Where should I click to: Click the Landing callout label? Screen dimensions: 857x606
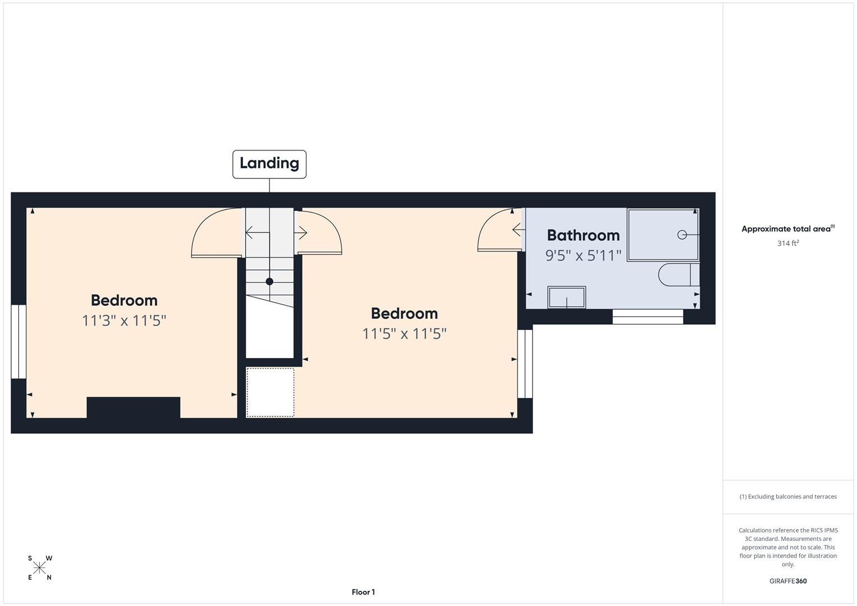269,164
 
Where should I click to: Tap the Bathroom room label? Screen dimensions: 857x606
583,235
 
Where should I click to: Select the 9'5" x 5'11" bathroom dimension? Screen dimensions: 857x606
583,255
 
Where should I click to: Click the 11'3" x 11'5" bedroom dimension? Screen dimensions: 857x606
124,320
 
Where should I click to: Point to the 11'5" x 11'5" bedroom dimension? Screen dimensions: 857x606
405,334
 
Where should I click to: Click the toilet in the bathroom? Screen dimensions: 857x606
679,275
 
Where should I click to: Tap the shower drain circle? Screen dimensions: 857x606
682,235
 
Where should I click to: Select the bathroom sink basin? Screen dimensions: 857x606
567,297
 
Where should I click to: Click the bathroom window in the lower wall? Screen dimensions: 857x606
648,317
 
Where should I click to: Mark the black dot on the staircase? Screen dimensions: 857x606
269,282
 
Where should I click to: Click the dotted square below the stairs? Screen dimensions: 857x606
270,392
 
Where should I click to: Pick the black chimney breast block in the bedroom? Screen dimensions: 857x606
134,407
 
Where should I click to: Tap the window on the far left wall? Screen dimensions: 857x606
19,342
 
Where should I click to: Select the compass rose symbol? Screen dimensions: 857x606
39,568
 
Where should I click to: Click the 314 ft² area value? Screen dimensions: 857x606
788,244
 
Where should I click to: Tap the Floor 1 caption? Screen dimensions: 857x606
363,592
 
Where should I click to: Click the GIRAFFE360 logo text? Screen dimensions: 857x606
788,581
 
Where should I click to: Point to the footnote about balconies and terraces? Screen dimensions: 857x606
788,497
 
